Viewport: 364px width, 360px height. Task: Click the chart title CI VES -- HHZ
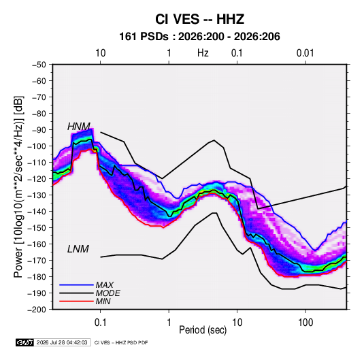[x=199, y=19]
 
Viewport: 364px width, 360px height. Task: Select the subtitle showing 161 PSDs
[x=199, y=37]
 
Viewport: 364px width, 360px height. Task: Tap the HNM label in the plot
[x=79, y=127]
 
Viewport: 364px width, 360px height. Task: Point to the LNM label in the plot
[x=78, y=249]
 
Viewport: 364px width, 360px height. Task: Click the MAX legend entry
[x=105, y=285]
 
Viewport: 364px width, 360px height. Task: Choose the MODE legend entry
[x=108, y=293]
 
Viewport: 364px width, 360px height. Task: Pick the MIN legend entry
[x=103, y=301]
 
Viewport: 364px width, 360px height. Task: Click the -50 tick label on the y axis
[x=39, y=65]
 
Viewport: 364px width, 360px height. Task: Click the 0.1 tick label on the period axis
[x=100, y=323]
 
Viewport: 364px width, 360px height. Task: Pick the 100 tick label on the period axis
[x=305, y=323]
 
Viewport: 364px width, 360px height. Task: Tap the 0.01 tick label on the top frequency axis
[x=305, y=53]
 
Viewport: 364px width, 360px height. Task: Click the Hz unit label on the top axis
[x=203, y=53]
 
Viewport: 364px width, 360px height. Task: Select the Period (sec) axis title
[x=203, y=330]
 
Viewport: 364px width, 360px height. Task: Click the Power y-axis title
[x=18, y=186]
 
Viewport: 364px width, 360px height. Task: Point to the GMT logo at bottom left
[x=25, y=342]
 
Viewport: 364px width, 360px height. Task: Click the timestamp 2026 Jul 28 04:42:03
[x=62, y=342]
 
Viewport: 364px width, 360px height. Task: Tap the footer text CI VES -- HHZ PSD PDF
[x=121, y=342]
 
